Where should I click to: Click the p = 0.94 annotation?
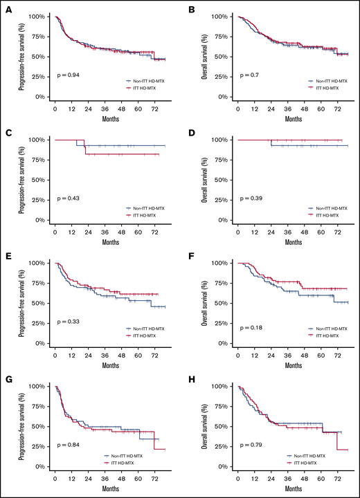[68, 75]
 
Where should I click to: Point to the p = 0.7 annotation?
[248, 75]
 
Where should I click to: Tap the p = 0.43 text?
[68, 198]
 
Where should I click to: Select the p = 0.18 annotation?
[249, 322]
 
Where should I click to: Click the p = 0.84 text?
[68, 445]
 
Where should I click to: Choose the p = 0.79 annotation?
[249, 445]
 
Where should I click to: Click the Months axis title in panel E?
[110, 366]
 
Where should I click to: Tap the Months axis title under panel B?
[293, 119]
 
